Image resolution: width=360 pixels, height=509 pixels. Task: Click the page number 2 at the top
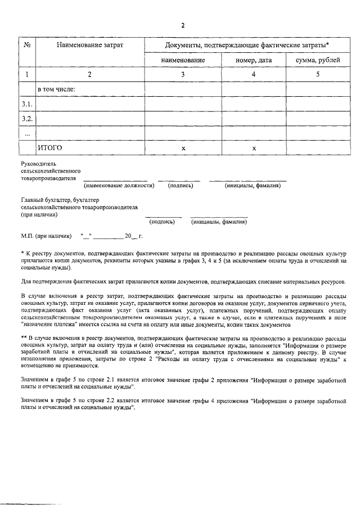tap(183, 25)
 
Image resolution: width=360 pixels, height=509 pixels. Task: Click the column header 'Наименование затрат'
tap(89, 44)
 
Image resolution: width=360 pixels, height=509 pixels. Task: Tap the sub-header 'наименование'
tap(182, 60)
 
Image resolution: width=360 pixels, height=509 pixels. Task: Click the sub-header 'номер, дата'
tap(254, 60)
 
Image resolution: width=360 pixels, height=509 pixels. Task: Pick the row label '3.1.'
tap(27, 104)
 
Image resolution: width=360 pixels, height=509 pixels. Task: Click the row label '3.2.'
tap(27, 119)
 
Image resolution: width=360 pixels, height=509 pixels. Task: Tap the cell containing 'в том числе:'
tap(56, 89)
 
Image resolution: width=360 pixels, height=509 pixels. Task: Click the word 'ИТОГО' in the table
tap(49, 148)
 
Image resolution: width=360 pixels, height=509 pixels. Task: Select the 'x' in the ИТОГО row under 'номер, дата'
tap(254, 148)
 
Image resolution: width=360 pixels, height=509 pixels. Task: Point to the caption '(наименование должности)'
tap(119, 185)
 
